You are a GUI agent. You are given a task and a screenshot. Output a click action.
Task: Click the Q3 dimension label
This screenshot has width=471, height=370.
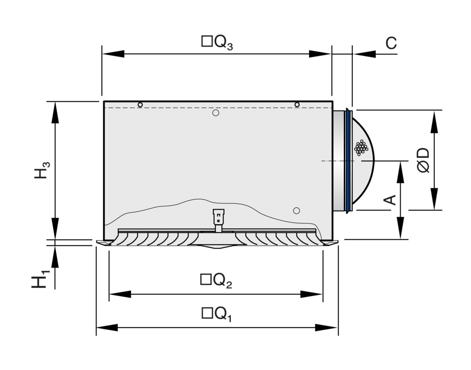(x=217, y=43)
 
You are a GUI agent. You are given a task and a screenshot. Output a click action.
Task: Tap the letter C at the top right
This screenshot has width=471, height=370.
(x=391, y=43)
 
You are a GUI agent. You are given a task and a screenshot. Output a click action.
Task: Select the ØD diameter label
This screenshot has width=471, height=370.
(x=423, y=160)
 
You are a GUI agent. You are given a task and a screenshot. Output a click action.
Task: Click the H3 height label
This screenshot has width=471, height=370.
(x=41, y=170)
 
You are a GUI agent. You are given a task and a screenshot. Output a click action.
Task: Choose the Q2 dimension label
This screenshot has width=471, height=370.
(x=216, y=281)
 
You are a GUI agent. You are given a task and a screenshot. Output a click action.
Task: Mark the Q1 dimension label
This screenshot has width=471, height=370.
(x=216, y=314)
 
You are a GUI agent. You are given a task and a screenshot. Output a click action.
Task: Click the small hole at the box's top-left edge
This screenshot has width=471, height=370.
(x=140, y=104)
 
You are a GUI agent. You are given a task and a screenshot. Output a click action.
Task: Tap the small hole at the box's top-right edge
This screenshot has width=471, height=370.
(x=297, y=104)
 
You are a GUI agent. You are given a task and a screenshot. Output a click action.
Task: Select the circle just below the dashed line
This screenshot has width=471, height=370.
(x=216, y=113)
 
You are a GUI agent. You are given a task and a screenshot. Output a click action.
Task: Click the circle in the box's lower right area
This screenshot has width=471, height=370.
(x=296, y=210)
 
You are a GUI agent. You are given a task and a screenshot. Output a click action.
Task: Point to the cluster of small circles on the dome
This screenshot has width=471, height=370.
(x=361, y=148)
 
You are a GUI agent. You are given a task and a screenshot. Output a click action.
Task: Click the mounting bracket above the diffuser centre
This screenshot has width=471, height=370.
(x=219, y=220)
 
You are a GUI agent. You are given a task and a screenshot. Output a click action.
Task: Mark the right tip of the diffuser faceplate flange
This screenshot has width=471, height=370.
(x=337, y=243)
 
